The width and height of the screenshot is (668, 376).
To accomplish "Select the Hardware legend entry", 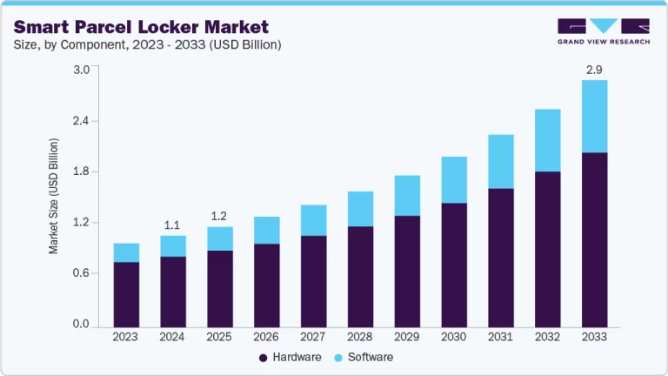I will [291, 358].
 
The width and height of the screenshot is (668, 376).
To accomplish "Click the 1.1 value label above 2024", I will [172, 225].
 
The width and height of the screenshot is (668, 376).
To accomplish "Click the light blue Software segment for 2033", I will [594, 116].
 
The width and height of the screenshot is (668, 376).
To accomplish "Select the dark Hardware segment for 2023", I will [126, 293].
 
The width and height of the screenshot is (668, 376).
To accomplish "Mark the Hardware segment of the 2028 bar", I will [359, 275].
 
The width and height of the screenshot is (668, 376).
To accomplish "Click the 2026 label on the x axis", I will [265, 336].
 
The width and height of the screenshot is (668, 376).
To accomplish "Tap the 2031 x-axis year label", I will [499, 336].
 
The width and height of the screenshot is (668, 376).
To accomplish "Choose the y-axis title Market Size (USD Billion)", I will [54, 196].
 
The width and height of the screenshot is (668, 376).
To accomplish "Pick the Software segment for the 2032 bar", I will [547, 140].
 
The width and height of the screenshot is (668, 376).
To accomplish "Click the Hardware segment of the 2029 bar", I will [405, 270].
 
